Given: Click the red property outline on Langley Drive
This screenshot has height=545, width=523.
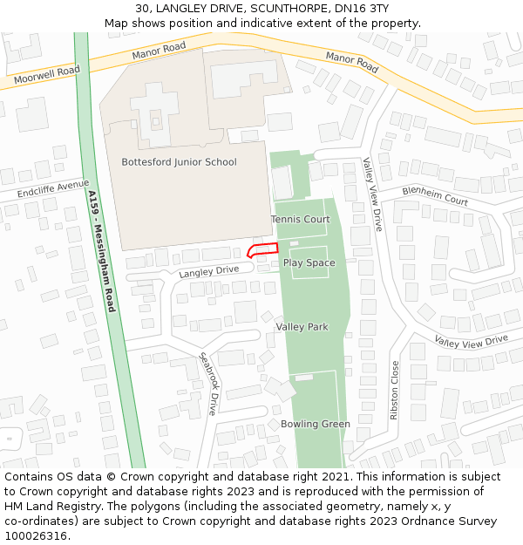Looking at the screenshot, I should (263, 251).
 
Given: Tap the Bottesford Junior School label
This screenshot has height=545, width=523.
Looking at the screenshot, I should (179, 162).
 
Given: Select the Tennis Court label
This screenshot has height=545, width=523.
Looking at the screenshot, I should (300, 219).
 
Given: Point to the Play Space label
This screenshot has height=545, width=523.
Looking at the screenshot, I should (309, 262).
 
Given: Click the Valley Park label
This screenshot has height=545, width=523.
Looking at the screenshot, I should (302, 327).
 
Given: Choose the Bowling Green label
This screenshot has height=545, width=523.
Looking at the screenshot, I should (315, 425).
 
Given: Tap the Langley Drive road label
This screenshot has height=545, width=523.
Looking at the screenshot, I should (208, 271).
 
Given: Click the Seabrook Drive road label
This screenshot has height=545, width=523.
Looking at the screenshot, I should (208, 383).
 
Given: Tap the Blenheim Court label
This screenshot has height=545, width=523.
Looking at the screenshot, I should (435, 194).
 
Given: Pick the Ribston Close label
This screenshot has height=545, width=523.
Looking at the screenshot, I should (395, 390).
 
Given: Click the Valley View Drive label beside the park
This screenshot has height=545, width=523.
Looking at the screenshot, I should (373, 194).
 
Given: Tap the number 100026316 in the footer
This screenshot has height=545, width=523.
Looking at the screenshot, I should (36, 535).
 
